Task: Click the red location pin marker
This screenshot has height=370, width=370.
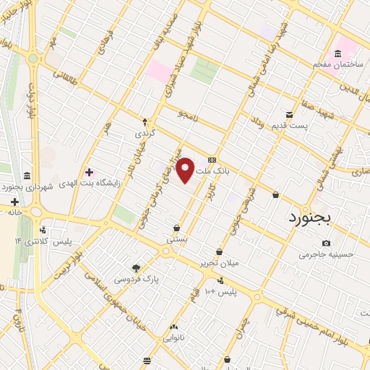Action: pos(186,169)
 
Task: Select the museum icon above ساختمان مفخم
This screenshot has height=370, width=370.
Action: pos(337,53)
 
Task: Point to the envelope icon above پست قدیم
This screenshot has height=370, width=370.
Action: pos(289,115)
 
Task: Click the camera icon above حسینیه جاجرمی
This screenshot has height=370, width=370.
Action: pos(327,243)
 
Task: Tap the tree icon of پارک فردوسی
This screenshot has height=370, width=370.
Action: pos(137,267)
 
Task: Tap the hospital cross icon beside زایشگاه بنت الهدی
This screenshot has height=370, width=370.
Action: pos(90,173)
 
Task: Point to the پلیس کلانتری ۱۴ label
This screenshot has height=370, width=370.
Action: pos(44,241)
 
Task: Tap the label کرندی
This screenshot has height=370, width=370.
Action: pos(145,134)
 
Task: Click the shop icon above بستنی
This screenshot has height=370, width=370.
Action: pos(176,227)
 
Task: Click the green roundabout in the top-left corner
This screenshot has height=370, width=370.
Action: pos(33,58)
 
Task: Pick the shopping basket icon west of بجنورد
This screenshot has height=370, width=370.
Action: pos(275,194)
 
